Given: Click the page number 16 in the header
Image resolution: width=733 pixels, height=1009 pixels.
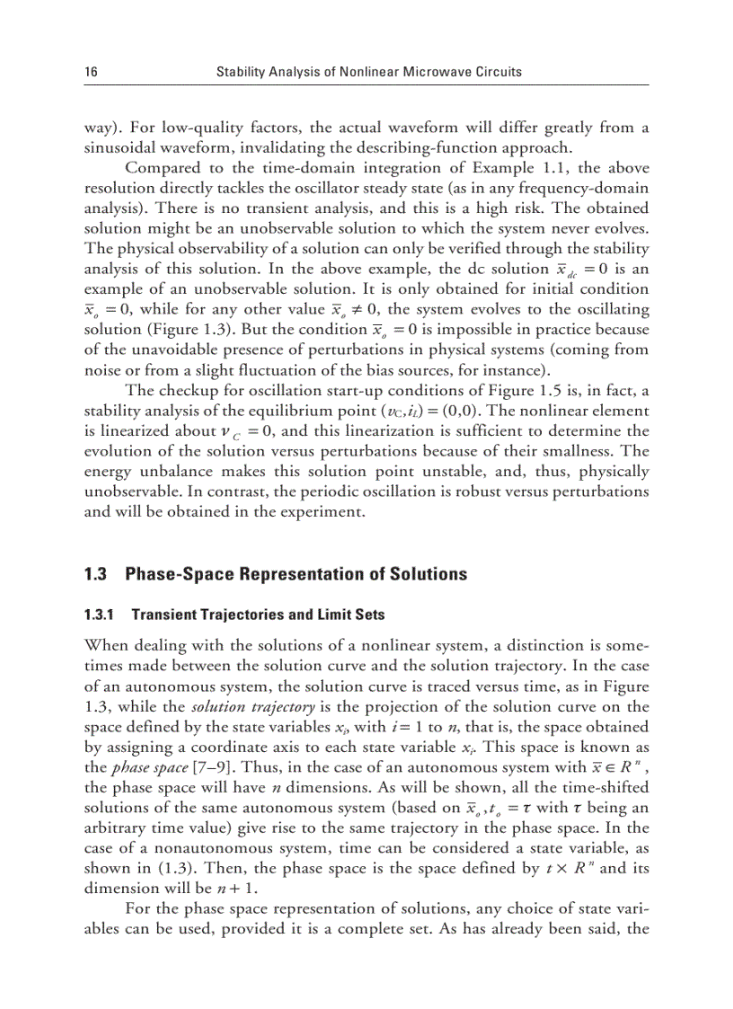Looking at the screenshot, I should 91,72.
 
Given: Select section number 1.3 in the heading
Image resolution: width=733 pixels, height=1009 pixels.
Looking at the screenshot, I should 96,573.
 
